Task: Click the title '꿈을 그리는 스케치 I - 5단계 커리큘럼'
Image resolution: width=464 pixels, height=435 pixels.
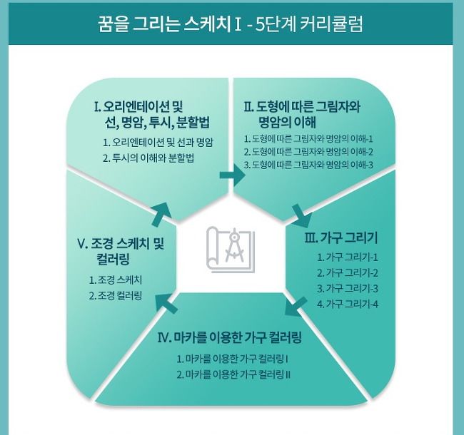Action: tap(231, 24)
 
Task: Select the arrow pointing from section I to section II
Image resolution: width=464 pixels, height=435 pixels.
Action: tap(228, 175)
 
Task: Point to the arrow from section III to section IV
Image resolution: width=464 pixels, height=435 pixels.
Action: tap(295, 308)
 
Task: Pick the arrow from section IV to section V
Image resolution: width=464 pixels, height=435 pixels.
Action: tap(166, 302)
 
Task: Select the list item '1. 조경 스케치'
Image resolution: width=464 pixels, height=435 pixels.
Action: tap(116, 280)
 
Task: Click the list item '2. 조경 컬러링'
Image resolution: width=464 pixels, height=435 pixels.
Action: tap(116, 295)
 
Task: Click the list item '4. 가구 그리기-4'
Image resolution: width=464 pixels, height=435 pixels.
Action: tap(347, 304)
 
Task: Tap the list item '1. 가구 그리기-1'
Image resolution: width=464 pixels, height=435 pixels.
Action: tap(347, 257)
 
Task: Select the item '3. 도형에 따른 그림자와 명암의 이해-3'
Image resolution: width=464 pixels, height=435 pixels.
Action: tap(308, 165)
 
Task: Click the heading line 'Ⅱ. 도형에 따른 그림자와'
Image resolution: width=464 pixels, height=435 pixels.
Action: tap(302, 107)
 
